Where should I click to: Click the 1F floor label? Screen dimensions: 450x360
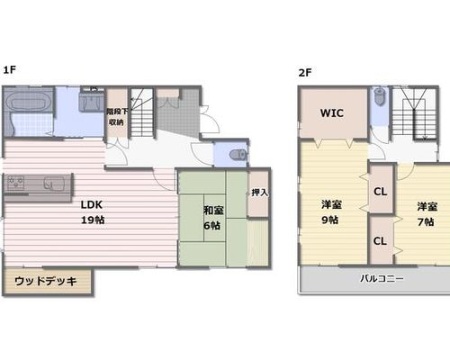[9, 70]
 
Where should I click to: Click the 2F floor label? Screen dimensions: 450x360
[305, 73]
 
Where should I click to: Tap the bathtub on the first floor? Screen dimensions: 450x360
[28, 101]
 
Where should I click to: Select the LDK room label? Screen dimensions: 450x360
[92, 205]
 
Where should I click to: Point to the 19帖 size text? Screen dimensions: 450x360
[93, 220]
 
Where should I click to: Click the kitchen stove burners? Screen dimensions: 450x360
[15, 183]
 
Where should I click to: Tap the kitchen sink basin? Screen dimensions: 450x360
[54, 183]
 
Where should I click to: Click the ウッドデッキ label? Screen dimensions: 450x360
[46, 281]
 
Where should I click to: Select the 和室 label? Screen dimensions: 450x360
[213, 211]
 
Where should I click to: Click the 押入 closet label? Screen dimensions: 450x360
[259, 193]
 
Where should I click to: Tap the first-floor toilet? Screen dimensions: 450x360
[238, 155]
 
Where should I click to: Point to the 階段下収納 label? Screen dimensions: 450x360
[117, 117]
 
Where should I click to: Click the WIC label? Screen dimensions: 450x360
[332, 113]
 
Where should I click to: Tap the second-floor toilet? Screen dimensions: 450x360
[381, 96]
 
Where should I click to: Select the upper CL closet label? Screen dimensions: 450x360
[381, 192]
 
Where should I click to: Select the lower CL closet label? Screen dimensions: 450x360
[380, 241]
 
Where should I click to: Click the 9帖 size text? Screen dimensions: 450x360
[330, 220]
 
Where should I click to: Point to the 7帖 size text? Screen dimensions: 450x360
[426, 222]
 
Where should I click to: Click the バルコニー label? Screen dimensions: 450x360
[382, 279]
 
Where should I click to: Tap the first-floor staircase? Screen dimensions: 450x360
[142, 112]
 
